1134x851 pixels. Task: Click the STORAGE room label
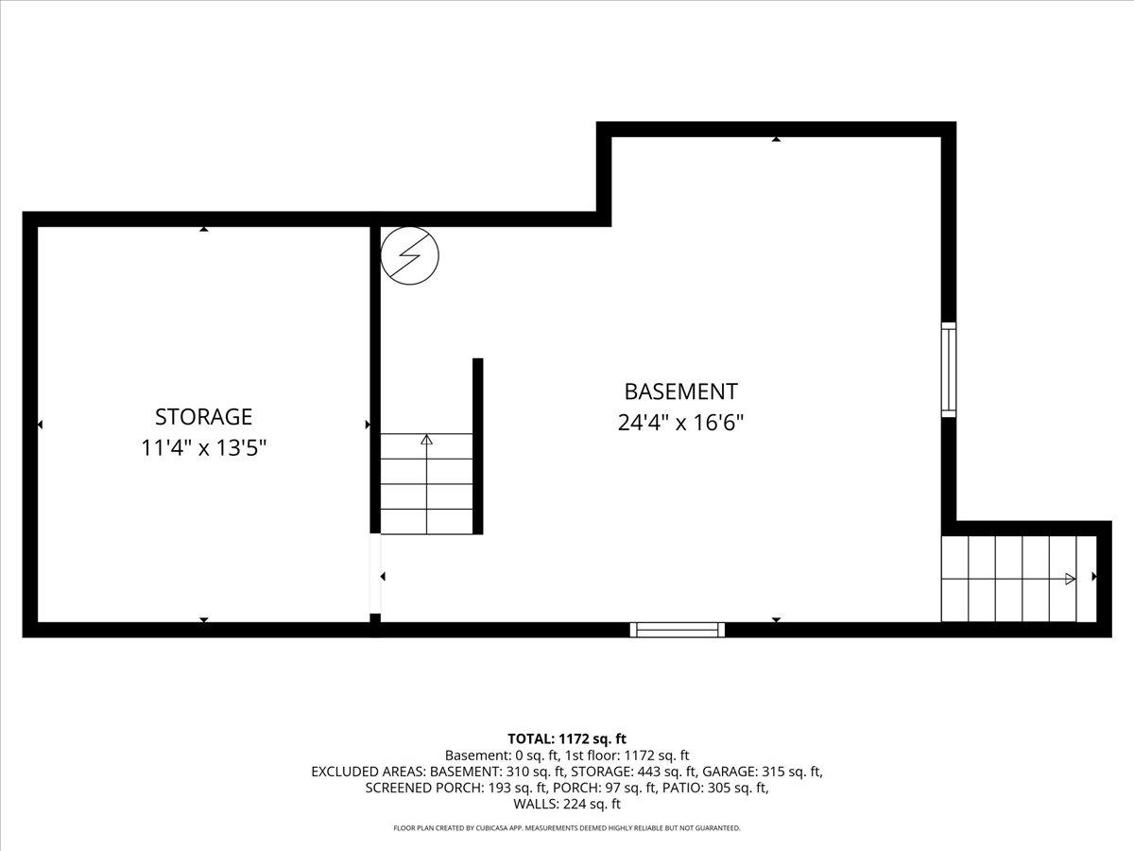tap(203, 416)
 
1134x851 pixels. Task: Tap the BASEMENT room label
tap(680, 391)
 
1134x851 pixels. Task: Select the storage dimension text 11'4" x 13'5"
tap(203, 447)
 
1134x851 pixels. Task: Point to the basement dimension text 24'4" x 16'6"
tap(680, 423)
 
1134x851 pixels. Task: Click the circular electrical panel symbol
tap(410, 254)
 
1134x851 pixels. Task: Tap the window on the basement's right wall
tap(948, 369)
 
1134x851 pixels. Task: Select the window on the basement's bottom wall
tap(678, 629)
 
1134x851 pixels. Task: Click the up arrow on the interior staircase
tap(426, 440)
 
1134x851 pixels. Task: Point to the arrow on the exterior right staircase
tap(1070, 579)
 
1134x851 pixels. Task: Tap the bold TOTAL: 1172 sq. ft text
tap(567, 738)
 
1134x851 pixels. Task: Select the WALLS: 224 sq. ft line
tap(567, 805)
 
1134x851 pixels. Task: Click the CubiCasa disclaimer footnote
tap(567, 828)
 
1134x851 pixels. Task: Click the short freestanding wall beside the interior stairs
tap(477, 446)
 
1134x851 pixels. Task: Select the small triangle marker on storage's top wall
tap(203, 229)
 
